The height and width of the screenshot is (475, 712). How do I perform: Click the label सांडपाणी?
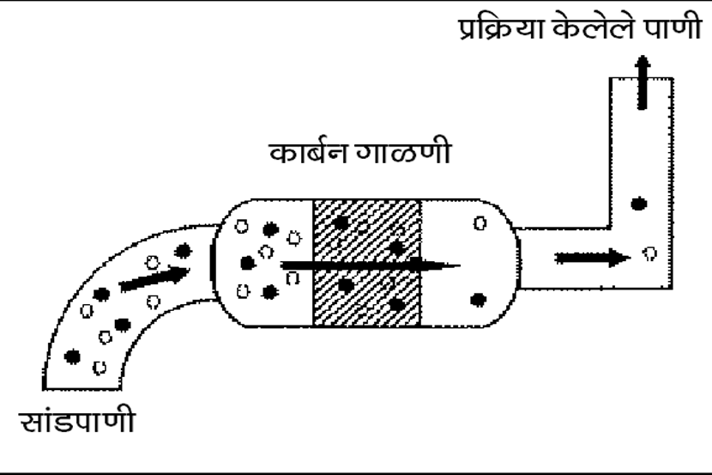click(x=78, y=423)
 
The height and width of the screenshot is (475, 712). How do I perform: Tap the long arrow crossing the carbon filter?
click(x=369, y=264)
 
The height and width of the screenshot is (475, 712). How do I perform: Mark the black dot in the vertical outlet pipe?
click(x=638, y=204)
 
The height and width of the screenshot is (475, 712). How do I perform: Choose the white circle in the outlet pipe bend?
click(x=651, y=254)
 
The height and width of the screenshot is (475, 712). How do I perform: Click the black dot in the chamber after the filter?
click(x=479, y=300)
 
